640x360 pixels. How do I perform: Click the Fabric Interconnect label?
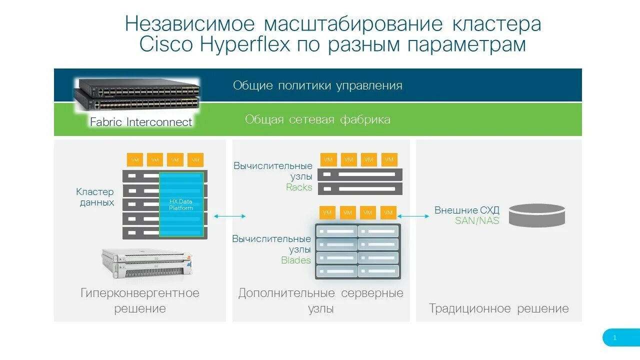point(141,122)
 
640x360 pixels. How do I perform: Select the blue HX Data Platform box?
point(181,204)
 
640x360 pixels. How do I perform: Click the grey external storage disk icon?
point(536,215)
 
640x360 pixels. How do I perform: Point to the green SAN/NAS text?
point(477,220)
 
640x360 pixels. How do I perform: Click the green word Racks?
point(299,187)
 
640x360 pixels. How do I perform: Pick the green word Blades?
point(296,260)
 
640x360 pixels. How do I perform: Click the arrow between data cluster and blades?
point(229,216)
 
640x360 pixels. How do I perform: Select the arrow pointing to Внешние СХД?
point(413,216)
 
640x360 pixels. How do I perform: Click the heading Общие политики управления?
point(317,85)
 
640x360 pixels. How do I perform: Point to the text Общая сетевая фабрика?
point(317,119)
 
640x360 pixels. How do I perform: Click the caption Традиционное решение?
point(498,308)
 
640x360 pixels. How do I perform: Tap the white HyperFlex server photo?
point(146,263)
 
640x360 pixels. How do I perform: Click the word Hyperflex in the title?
point(245,44)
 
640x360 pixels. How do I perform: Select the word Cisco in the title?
point(166,44)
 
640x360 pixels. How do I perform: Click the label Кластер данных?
point(95,197)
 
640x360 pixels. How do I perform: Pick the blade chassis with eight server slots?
point(357,251)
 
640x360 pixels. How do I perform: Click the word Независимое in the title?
point(190,23)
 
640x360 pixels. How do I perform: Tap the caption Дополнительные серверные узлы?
point(320,300)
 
